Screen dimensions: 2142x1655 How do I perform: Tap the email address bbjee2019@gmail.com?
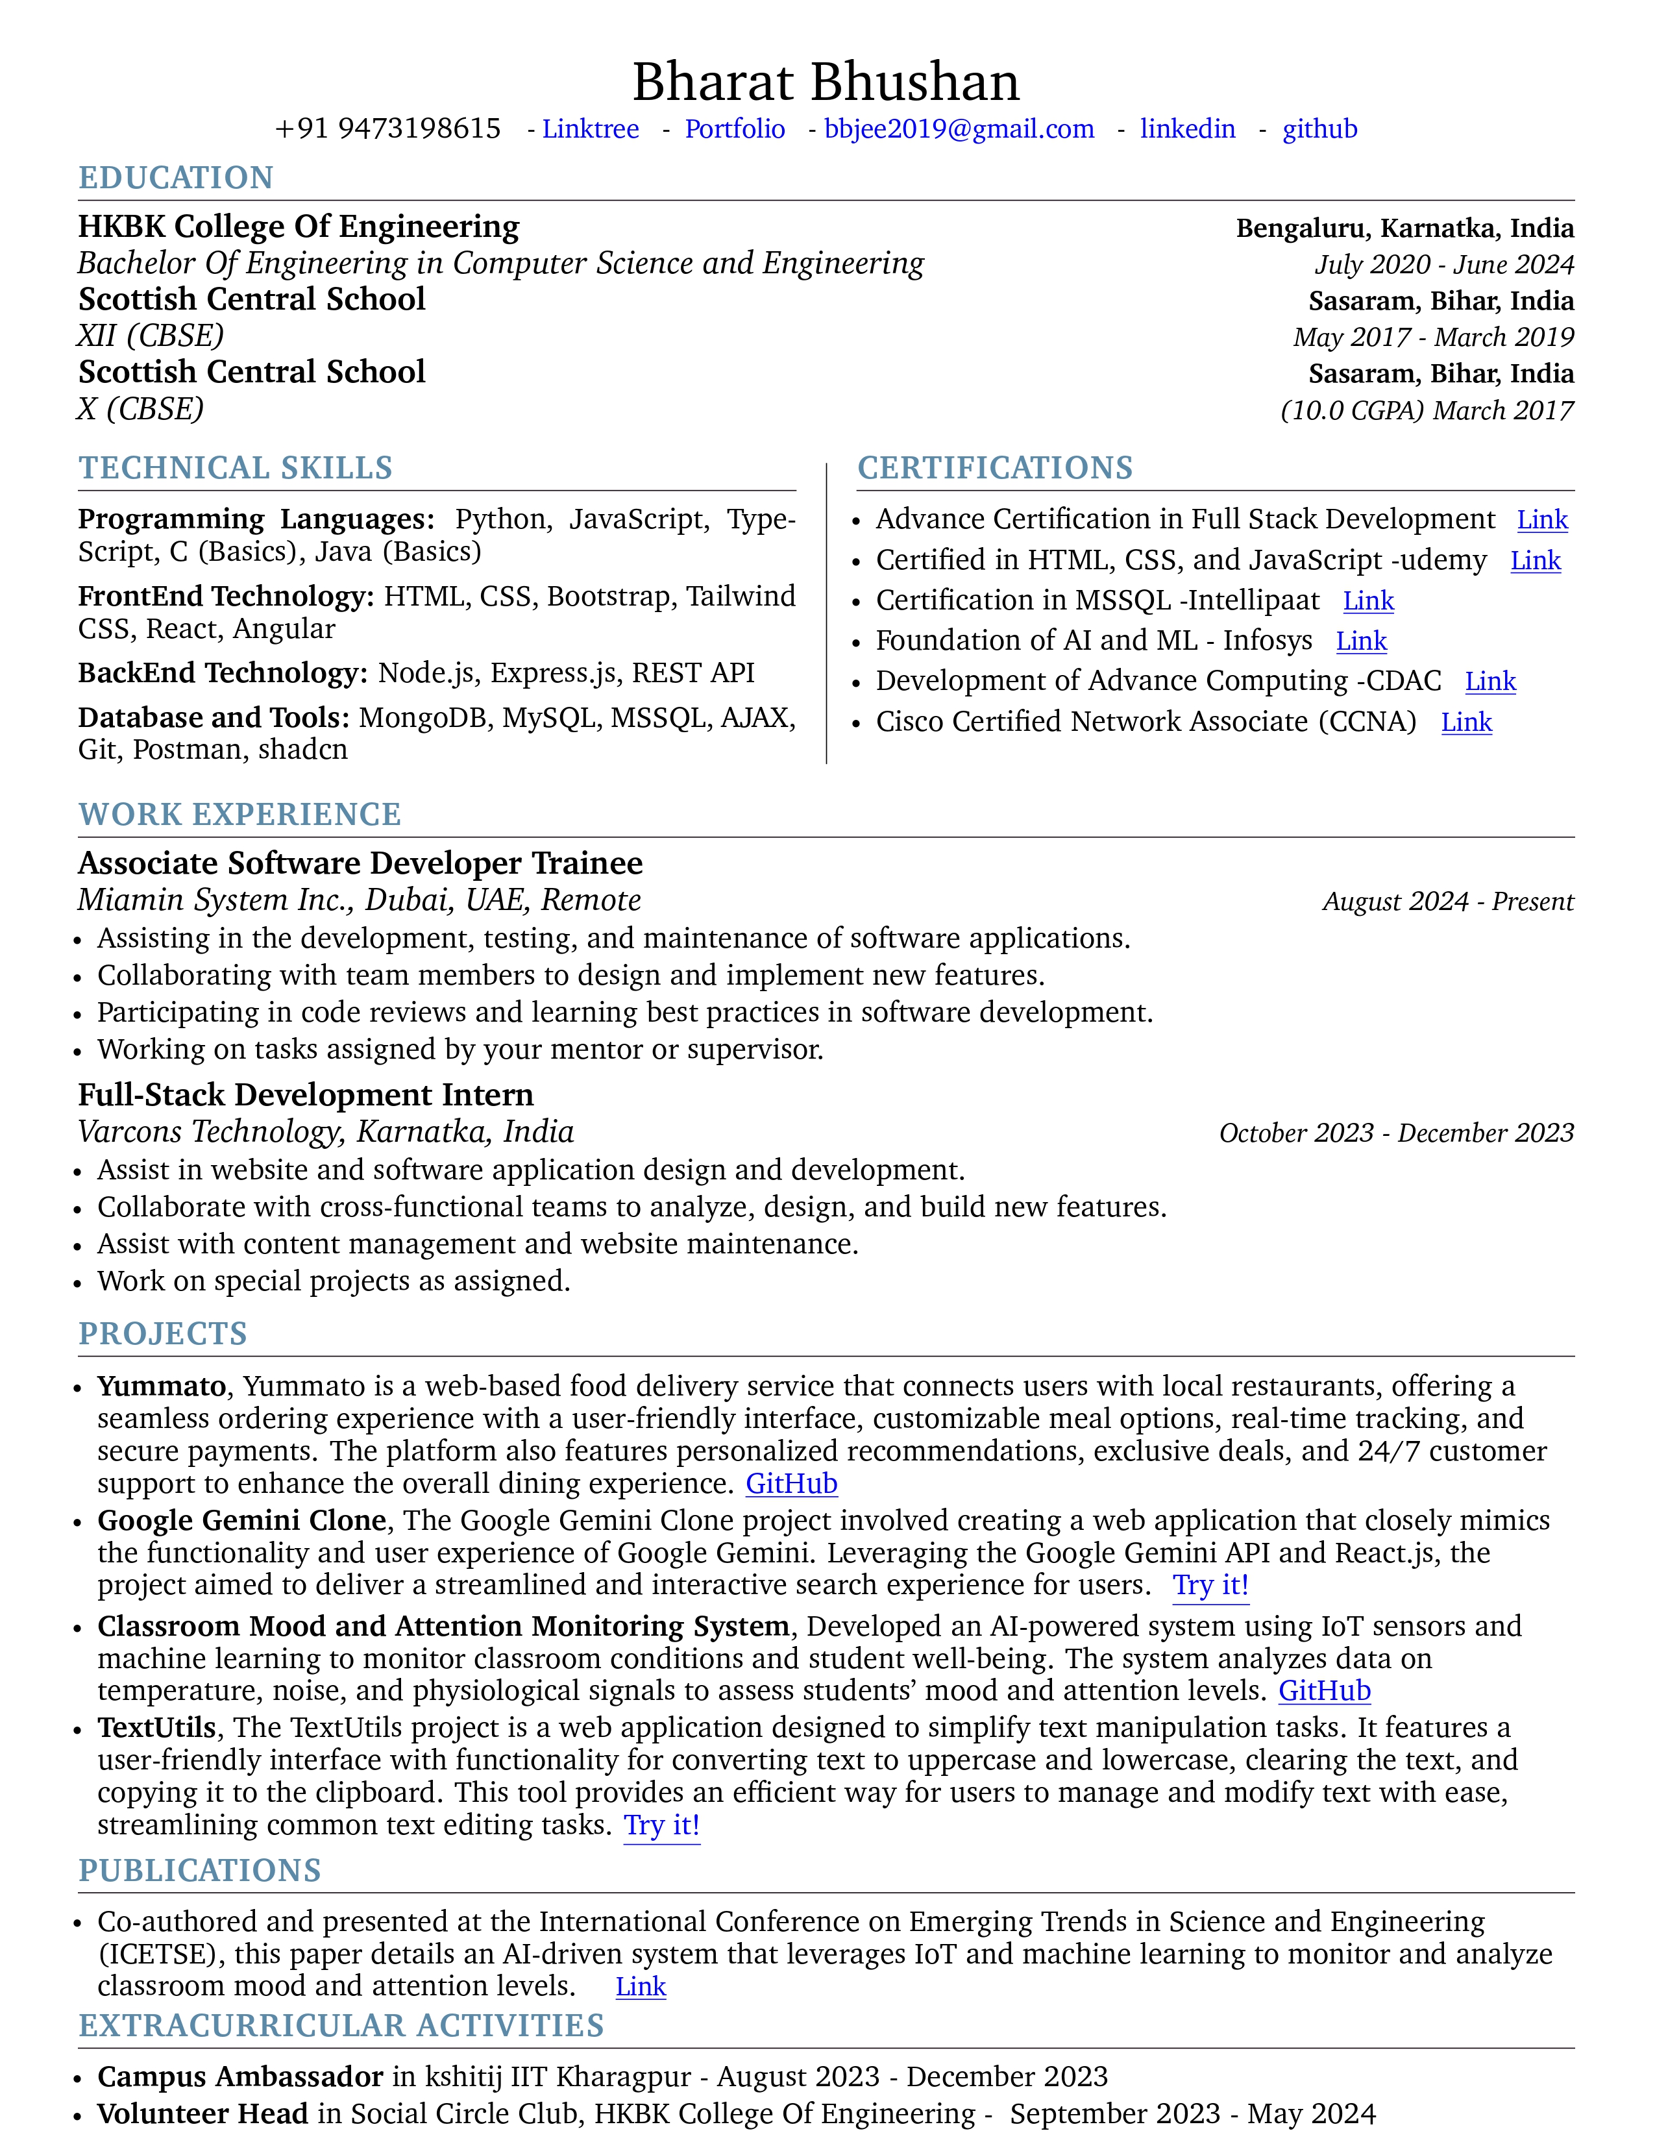pos(959,129)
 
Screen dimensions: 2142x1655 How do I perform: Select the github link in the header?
pos(1319,129)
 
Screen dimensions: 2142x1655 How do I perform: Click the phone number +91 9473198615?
pos(388,129)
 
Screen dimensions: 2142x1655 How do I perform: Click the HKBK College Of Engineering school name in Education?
pos(299,227)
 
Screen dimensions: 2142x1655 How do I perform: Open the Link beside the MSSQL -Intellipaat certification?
pos(1367,600)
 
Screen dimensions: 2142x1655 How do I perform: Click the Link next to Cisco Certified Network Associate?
pos(1465,722)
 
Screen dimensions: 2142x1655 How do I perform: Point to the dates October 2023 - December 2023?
pos(1396,1133)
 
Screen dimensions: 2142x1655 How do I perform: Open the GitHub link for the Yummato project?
pos(791,1483)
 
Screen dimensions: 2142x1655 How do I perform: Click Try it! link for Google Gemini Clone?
pos(1211,1585)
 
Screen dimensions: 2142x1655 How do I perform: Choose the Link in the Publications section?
pos(640,1987)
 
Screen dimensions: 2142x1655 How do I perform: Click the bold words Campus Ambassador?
pos(240,2076)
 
